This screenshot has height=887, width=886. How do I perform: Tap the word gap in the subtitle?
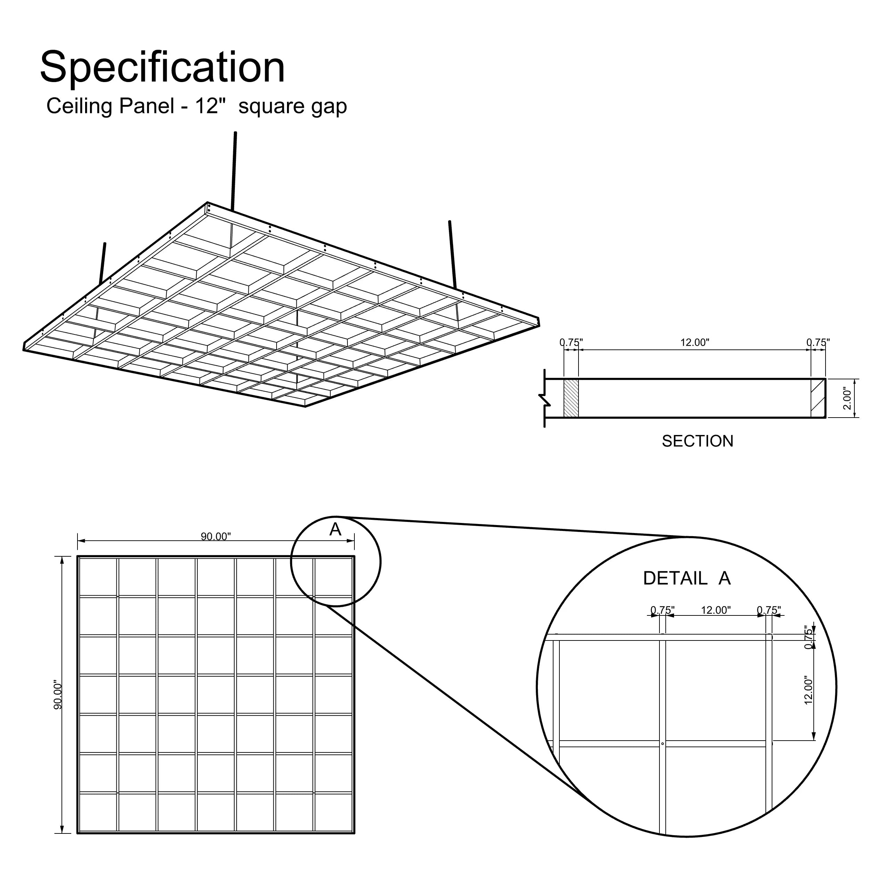click(x=329, y=106)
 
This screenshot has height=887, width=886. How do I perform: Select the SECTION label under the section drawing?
click(x=697, y=441)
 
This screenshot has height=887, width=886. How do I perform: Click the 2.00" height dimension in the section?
click(x=847, y=398)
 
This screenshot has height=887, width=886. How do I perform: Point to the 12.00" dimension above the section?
click(x=694, y=342)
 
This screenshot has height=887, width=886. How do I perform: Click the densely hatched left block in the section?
click(x=571, y=398)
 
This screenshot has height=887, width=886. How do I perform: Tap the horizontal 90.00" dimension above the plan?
click(x=216, y=536)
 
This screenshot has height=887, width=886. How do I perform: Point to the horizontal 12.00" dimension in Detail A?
click(x=715, y=610)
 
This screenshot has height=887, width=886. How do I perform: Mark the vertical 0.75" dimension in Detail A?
click(x=809, y=637)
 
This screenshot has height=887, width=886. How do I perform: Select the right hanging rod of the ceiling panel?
click(x=453, y=255)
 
